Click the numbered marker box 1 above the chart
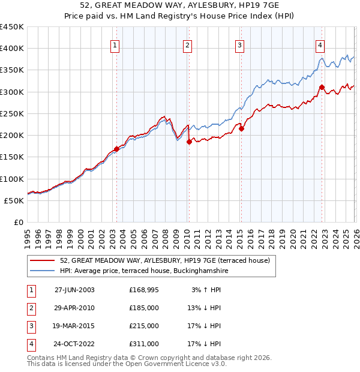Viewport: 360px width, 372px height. point(115,44)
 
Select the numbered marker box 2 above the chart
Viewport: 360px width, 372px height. point(187,44)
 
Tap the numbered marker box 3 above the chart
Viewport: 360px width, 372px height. point(239,44)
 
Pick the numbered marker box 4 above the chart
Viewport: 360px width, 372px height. point(320,44)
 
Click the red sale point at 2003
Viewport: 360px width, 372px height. point(116,149)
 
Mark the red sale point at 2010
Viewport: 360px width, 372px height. point(189,142)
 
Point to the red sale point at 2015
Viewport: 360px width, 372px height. point(241,128)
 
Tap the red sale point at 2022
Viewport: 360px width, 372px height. point(322,87)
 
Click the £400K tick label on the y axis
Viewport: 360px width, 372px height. point(12,49)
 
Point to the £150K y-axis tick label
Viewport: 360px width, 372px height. point(12,157)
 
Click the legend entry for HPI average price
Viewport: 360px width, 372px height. point(144,271)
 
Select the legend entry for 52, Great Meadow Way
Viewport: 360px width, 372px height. point(165,260)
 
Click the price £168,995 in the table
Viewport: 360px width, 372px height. point(144,290)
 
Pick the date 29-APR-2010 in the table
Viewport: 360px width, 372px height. point(74,308)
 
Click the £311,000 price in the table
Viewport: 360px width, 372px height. point(144,344)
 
